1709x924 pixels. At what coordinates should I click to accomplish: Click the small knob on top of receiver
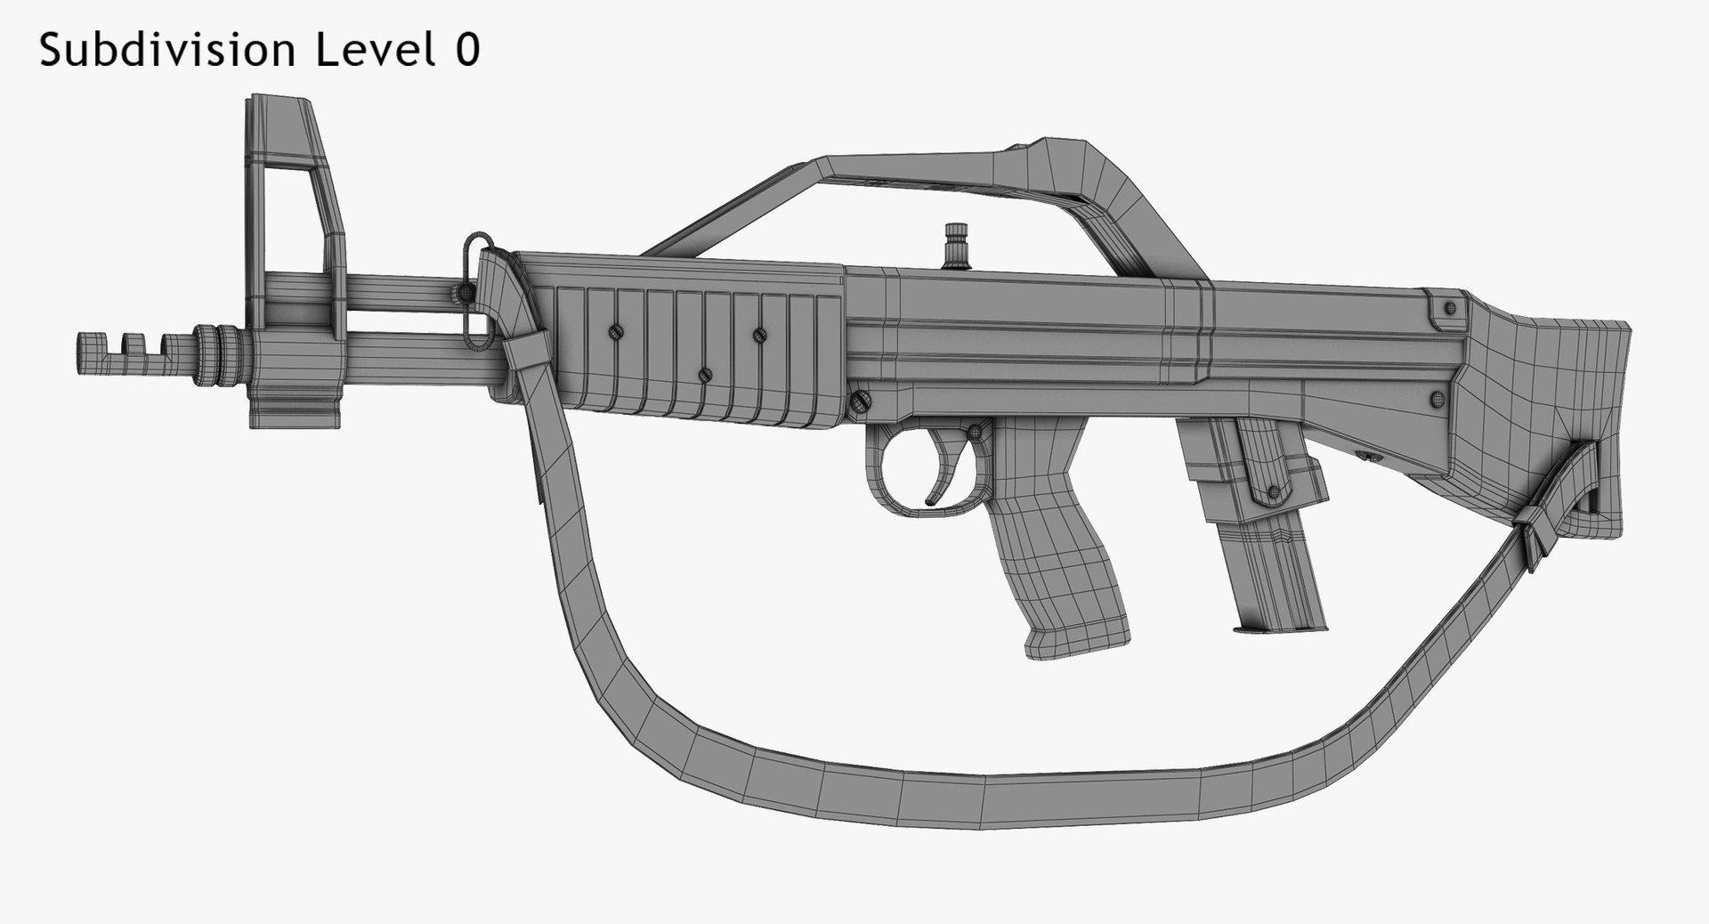click(958, 244)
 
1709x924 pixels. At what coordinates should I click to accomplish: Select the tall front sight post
click(294, 178)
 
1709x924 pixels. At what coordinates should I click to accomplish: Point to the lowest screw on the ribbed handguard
click(704, 375)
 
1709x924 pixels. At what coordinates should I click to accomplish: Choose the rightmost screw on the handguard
click(758, 335)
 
